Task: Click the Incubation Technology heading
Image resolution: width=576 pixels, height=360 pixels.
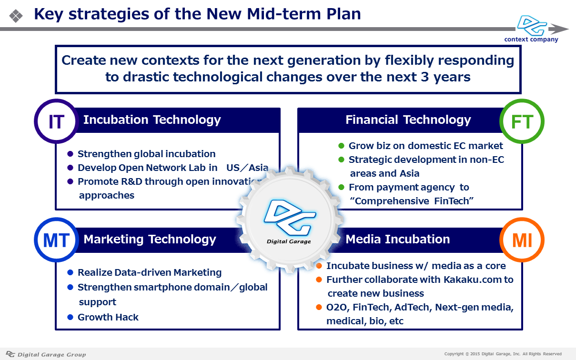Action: click(x=152, y=120)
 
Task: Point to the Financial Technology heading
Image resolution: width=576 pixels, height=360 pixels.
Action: click(x=408, y=120)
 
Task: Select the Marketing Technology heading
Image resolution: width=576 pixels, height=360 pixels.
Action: click(x=150, y=240)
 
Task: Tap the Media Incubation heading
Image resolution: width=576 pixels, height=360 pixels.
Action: click(x=397, y=239)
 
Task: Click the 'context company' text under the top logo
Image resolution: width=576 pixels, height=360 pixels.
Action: click(x=531, y=40)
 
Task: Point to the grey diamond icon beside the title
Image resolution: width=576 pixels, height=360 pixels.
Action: click(x=16, y=16)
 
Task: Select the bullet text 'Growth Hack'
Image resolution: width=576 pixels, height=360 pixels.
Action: click(x=108, y=317)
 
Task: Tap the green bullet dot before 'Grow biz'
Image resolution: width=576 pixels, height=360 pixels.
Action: click(x=341, y=146)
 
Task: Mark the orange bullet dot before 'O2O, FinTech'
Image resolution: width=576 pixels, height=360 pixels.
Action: click(x=319, y=307)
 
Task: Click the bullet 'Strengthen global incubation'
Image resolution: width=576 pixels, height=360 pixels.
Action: click(x=147, y=154)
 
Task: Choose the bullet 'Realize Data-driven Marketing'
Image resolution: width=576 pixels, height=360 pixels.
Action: click(x=150, y=272)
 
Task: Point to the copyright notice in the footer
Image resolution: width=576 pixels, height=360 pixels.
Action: click(x=503, y=354)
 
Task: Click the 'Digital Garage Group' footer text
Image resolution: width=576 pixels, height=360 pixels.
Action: click(x=51, y=355)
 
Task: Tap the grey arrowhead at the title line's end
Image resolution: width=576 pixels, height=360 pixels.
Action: click(x=558, y=29)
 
